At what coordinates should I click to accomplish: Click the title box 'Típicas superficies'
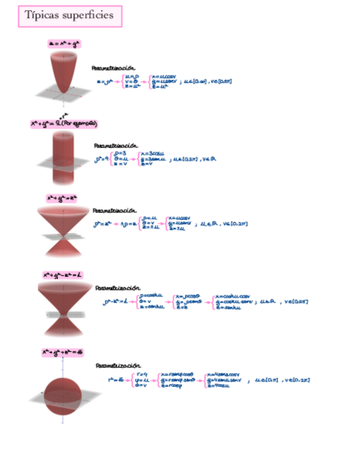pos(70,15)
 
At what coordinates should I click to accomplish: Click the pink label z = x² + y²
pos(64,43)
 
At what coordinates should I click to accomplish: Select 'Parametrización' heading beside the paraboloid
pos(113,68)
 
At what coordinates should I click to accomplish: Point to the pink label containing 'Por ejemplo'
pos(64,124)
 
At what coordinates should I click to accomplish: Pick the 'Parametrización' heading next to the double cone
pos(114,210)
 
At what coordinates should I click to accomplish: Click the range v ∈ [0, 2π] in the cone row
pos(236,224)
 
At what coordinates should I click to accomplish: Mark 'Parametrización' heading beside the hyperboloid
pos(117,287)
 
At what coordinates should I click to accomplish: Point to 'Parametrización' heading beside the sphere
pos(118,365)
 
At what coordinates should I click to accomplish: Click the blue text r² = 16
pos(116,379)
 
